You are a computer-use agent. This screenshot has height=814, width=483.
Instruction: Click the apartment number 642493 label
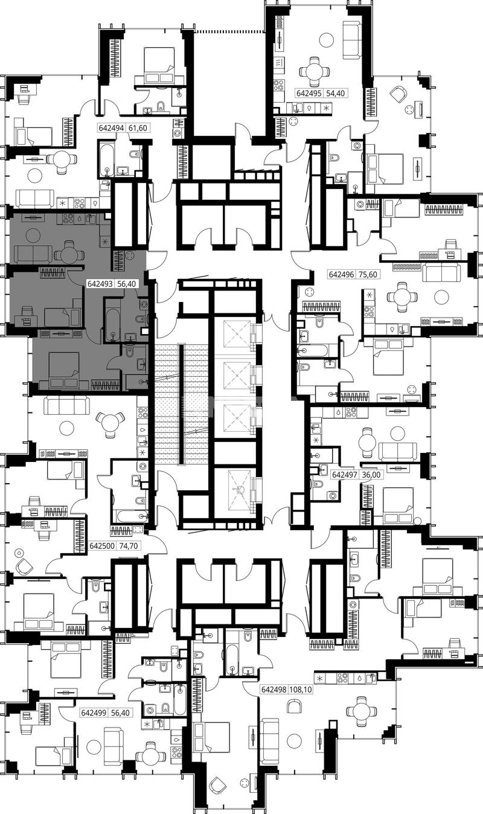coord(101,284)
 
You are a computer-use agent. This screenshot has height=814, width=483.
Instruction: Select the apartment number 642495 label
coord(309,94)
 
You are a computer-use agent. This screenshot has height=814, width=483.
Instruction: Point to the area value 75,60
coord(368,274)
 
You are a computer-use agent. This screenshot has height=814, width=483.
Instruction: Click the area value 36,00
coord(372,475)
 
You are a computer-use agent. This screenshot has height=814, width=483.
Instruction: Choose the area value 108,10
coord(301,690)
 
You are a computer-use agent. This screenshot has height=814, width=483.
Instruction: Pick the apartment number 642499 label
coord(94,713)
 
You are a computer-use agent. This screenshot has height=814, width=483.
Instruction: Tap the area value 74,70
coord(129,546)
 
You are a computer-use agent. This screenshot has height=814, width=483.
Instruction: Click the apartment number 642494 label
coord(112,128)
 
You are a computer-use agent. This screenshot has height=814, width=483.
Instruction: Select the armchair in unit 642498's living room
coord(295,707)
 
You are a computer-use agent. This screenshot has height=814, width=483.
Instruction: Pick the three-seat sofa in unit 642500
coord(66,405)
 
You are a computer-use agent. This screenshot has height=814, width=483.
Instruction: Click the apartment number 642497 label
coord(345,475)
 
